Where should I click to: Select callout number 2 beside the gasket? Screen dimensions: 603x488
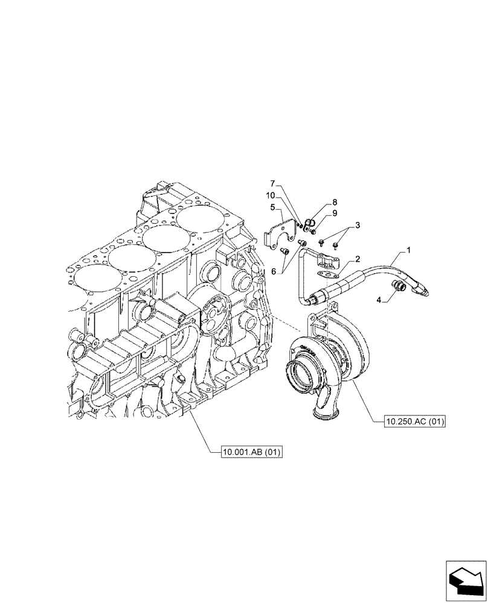click(x=358, y=259)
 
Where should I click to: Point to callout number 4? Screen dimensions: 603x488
click(x=379, y=299)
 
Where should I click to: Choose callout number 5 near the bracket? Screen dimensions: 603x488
click(x=273, y=207)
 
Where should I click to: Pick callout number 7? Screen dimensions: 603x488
click(x=272, y=183)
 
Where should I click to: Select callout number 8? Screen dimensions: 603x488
click(x=334, y=203)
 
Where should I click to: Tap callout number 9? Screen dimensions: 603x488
click(x=334, y=213)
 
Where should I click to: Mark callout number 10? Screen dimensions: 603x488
click(x=271, y=195)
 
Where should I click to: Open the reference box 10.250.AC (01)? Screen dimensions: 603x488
click(x=414, y=422)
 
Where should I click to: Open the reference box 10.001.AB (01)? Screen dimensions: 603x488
click(x=252, y=452)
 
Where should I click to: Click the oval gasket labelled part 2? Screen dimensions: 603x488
click(x=327, y=274)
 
